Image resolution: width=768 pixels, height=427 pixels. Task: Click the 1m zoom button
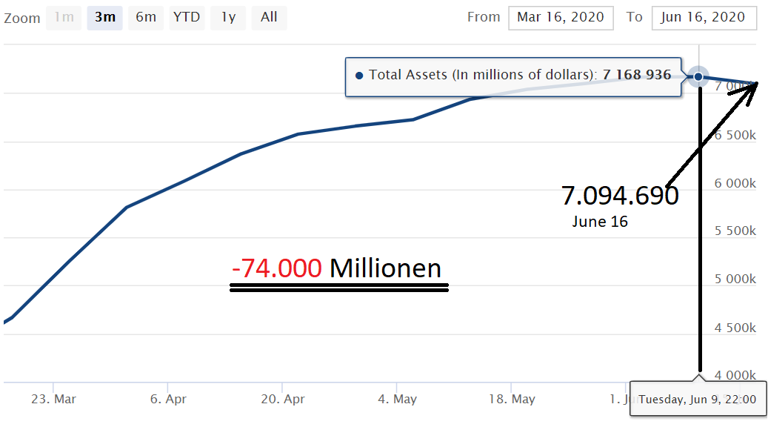(64, 17)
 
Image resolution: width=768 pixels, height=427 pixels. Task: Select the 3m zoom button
(104, 17)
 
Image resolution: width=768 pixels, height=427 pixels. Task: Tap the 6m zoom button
(146, 17)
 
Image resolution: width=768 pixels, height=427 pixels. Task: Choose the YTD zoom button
(187, 17)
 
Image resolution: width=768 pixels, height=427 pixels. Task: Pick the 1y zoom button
(228, 17)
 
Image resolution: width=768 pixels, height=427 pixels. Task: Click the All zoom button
(269, 17)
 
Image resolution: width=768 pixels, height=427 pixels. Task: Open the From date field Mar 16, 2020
(561, 17)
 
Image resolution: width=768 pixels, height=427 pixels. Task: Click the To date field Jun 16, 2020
(704, 17)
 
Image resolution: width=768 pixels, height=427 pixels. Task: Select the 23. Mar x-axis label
(54, 399)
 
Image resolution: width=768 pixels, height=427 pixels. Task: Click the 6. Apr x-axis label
(168, 399)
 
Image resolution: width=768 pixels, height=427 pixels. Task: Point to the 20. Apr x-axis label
(282, 399)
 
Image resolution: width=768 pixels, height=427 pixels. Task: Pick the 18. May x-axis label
(512, 399)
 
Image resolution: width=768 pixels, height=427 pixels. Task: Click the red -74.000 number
(276, 268)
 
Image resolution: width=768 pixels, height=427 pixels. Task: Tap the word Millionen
(385, 268)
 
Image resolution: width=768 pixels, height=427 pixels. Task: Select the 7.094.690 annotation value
(619, 196)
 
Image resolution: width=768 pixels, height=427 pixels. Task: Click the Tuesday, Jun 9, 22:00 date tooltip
(698, 400)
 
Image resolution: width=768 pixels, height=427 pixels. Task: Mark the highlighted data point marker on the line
(698, 76)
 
